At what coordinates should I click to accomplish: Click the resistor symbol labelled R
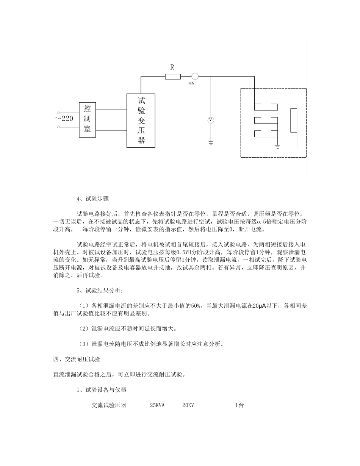click(173, 77)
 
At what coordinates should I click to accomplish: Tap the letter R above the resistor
click(172, 67)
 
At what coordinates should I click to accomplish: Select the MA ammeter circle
click(195, 76)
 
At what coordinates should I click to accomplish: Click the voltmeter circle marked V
click(211, 120)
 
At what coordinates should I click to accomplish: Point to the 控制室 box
click(88, 119)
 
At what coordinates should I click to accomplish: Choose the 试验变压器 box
click(141, 120)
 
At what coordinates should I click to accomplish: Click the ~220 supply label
click(64, 119)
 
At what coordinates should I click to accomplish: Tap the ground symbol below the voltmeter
click(211, 143)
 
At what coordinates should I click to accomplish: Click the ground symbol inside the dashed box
click(278, 146)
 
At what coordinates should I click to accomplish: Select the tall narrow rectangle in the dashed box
click(294, 120)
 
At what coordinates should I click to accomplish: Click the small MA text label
click(191, 84)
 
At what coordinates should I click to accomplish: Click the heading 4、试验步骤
click(92, 199)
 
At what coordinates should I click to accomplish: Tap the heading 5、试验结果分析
click(100, 291)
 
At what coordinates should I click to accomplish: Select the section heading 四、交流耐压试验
click(77, 359)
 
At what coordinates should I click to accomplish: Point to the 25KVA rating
click(157, 405)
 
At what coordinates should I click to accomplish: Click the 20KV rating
click(188, 405)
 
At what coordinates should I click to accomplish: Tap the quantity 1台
click(239, 405)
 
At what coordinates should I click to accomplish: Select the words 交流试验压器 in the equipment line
click(109, 405)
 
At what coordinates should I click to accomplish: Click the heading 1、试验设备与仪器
click(101, 390)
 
